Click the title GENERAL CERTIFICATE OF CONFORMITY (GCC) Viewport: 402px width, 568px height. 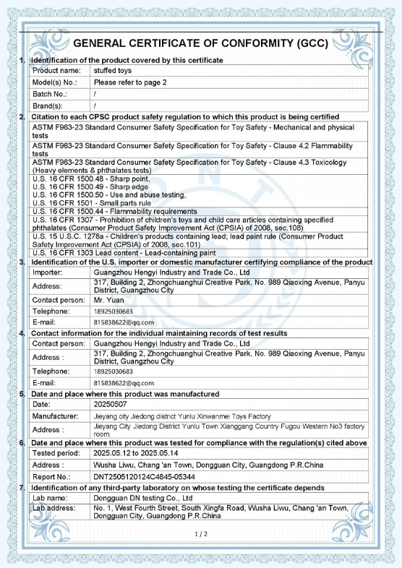(202, 43)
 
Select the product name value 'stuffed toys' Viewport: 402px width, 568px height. (113, 71)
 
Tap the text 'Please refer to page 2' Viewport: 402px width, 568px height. (131, 82)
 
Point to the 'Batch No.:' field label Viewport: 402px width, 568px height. (50, 94)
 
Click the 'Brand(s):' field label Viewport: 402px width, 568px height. (48, 106)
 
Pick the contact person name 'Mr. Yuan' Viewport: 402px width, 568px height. (109, 298)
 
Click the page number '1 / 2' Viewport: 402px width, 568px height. (201, 534)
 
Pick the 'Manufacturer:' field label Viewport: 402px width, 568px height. (55, 416)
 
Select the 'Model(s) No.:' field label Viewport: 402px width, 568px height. (55, 82)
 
